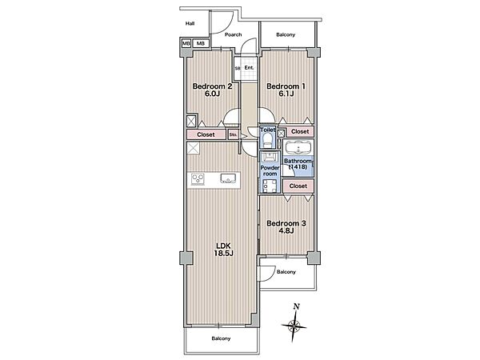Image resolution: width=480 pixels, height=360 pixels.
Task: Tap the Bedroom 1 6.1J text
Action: coord(286,90)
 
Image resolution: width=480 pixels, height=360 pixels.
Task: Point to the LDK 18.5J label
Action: coord(225,250)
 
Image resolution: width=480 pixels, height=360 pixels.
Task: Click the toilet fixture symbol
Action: coord(267,140)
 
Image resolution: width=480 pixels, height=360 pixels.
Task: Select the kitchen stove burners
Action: coord(198,179)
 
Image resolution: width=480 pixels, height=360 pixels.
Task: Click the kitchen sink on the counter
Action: coord(228,178)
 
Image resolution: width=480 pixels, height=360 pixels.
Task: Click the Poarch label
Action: coord(234,34)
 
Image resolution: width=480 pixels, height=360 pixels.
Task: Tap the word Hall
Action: coord(190,23)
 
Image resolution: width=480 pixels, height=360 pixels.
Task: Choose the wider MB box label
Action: coord(201,43)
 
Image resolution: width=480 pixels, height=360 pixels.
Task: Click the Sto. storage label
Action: coord(233,134)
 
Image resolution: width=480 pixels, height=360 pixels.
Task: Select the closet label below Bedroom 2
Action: coord(206,134)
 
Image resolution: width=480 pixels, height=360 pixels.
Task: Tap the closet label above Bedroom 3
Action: coord(298,186)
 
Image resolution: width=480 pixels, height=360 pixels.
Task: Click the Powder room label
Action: coord(270,170)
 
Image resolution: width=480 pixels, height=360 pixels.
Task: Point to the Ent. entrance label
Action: coord(249,67)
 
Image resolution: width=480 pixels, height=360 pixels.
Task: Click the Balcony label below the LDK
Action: coord(221,338)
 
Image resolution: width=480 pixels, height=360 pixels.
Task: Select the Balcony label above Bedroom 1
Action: coord(286,34)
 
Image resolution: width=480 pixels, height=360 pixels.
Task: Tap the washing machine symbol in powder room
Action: coord(270,186)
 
